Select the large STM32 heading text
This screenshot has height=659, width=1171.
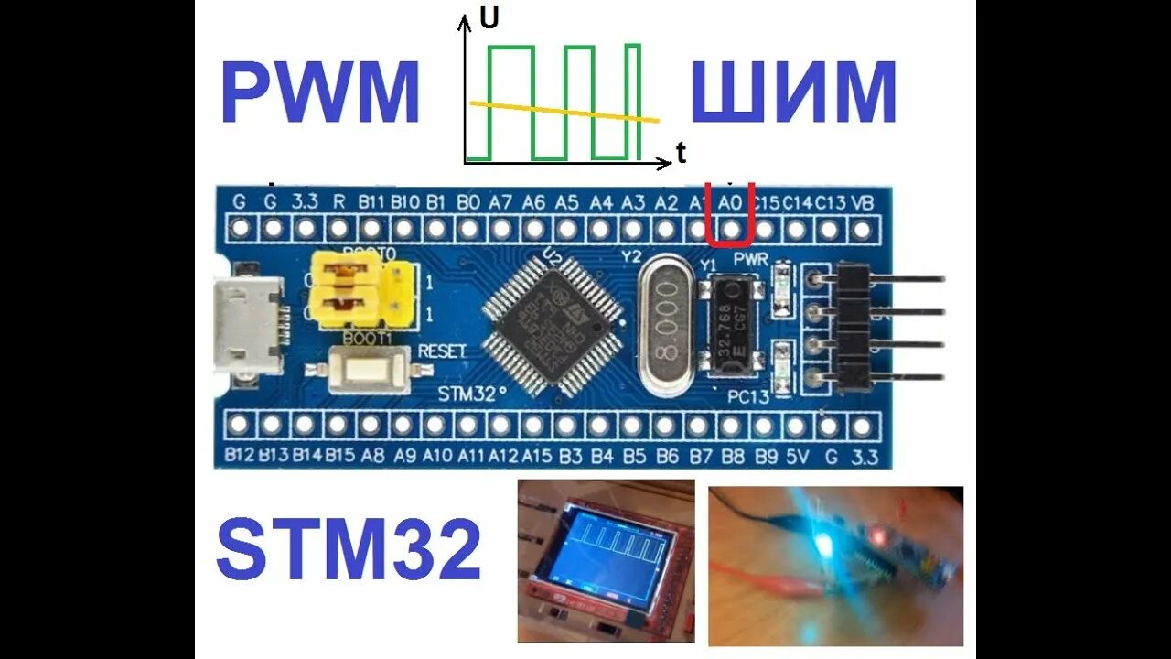point(349,549)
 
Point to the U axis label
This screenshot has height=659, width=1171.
point(489,18)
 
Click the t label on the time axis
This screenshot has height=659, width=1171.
point(681,154)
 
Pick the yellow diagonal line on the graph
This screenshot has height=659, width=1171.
point(564,112)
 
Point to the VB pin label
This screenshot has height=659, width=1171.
point(862,202)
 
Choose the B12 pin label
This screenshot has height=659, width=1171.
point(239,453)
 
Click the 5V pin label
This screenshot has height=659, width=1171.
point(797,453)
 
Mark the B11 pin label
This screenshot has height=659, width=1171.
point(371,202)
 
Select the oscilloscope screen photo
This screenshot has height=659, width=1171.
point(606,560)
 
